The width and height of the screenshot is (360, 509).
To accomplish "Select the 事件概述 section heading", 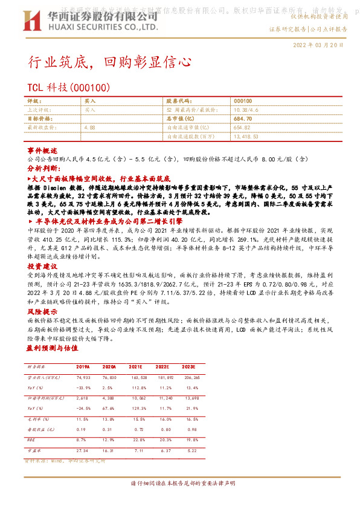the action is [x=42, y=149].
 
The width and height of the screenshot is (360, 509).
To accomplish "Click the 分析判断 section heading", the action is [x=42, y=170].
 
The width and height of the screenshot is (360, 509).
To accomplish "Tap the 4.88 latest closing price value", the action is [x=89, y=128].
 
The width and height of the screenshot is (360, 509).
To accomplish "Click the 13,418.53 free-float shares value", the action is [x=246, y=137].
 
